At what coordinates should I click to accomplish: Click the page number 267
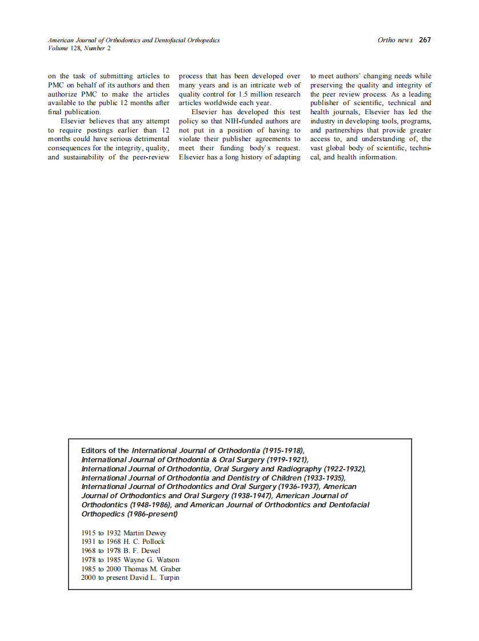coord(425,40)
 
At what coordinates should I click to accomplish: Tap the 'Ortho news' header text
coord(395,40)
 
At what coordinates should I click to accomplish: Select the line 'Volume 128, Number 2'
coord(79,49)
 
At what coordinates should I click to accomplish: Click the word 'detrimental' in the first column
coord(150,139)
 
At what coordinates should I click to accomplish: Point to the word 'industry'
coord(323,121)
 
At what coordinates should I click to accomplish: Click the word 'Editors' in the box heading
coord(94,451)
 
